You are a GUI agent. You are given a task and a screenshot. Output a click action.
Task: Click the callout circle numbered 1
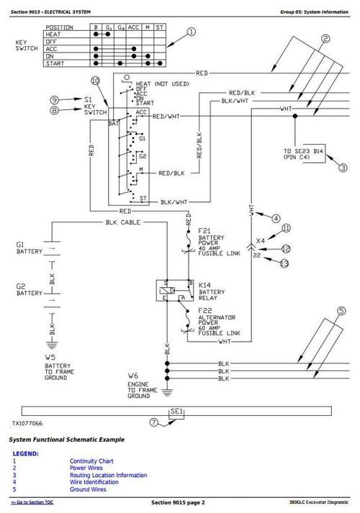point(191,32)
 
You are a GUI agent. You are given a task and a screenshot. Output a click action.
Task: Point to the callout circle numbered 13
point(285,264)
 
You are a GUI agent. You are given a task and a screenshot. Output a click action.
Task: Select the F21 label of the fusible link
point(204,230)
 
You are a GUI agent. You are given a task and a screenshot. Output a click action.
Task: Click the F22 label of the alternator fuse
point(204,312)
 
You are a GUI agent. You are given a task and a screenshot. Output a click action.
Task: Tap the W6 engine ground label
point(132,376)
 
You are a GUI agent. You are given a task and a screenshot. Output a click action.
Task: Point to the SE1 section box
point(177,412)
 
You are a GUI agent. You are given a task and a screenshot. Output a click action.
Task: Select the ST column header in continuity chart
point(161,28)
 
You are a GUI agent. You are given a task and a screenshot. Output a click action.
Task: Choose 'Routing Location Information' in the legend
point(108,475)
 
